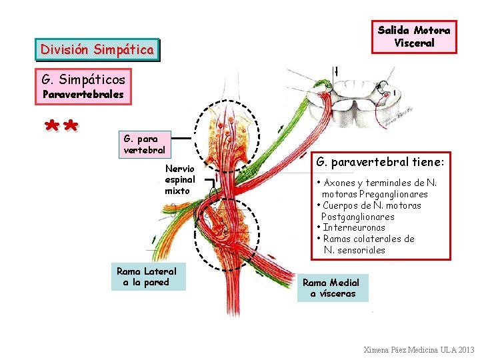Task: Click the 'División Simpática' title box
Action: coord(97,49)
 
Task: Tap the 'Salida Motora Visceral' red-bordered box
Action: coord(414,37)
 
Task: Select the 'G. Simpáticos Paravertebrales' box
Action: coord(83,87)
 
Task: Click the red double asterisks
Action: coord(61,127)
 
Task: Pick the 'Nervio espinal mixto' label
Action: coord(179,180)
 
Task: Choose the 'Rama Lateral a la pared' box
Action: coord(147,277)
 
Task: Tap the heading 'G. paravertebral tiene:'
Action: coord(380,161)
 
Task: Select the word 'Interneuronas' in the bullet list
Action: coord(354,227)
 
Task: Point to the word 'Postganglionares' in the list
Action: coord(358,217)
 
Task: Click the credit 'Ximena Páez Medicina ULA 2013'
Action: coord(419,350)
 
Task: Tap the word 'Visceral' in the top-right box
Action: coord(414,43)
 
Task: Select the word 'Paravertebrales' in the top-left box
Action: coord(83,94)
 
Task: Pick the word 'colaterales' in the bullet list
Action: coord(377,239)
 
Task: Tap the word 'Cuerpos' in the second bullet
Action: coord(342,205)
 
